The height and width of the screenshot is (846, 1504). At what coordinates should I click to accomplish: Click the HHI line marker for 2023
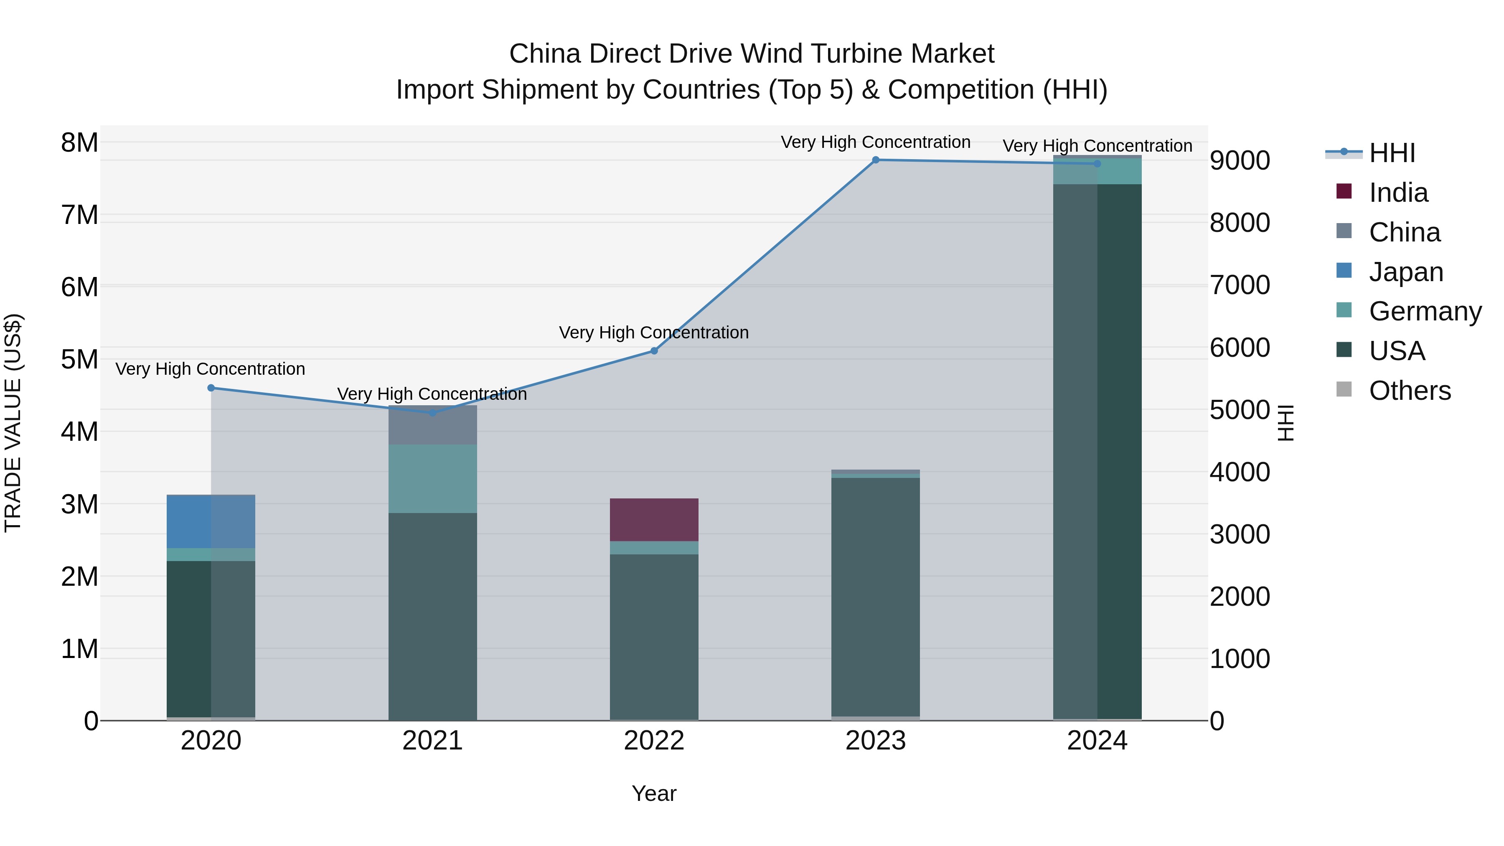(x=875, y=160)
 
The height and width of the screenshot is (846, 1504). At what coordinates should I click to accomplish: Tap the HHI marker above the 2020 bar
(x=211, y=388)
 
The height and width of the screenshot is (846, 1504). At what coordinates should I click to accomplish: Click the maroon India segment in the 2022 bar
(x=654, y=520)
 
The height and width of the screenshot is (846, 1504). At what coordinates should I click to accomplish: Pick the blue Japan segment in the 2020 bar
(x=211, y=521)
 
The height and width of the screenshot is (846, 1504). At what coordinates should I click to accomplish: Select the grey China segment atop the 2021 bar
(x=433, y=425)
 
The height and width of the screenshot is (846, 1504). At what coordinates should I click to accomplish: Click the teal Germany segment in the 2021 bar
(x=433, y=479)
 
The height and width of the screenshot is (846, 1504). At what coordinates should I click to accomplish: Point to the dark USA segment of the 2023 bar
(x=875, y=595)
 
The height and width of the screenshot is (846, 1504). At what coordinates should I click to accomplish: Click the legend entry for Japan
(x=1405, y=272)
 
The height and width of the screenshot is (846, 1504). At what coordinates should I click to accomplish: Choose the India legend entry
(x=1398, y=193)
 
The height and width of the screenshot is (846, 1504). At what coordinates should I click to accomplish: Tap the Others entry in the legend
(x=1410, y=391)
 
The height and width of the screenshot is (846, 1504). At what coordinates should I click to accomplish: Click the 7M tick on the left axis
(x=80, y=215)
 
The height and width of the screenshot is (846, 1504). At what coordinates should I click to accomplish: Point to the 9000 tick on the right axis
(x=1240, y=160)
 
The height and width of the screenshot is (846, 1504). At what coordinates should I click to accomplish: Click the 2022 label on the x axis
(x=654, y=741)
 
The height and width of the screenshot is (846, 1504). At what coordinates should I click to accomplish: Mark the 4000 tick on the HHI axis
(x=1240, y=473)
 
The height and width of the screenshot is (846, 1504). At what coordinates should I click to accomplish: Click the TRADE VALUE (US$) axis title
(x=13, y=423)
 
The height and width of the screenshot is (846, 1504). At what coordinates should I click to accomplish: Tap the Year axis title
(x=654, y=793)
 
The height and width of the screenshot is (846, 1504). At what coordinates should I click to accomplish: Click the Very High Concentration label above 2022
(x=654, y=333)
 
